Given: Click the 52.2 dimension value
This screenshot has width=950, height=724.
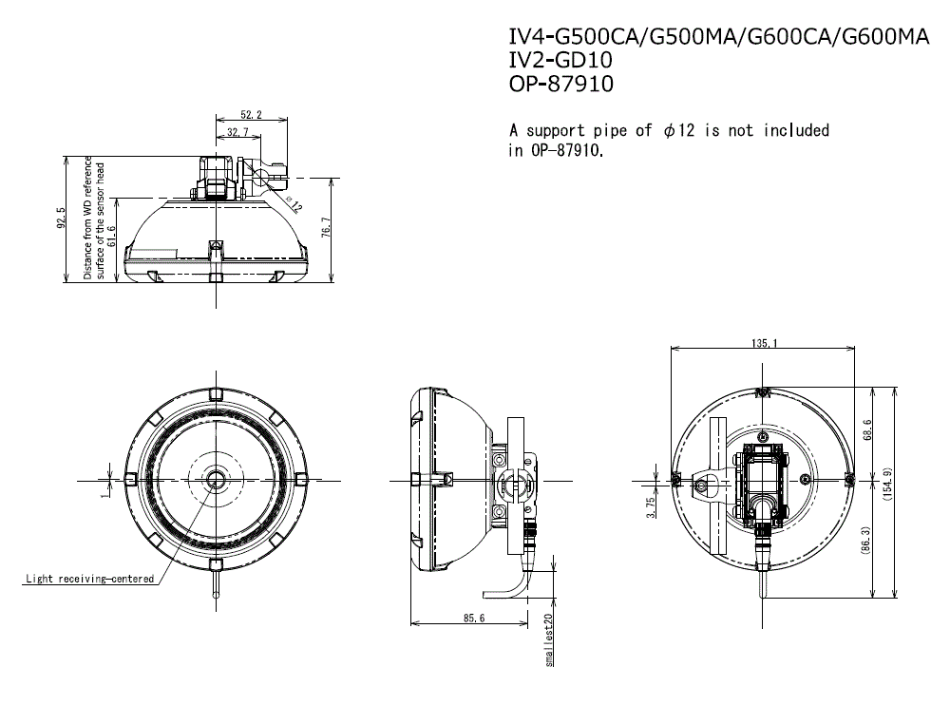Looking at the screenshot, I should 252,115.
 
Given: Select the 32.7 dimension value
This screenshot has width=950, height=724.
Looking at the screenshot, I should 237,132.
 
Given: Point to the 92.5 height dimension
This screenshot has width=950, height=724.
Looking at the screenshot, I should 61,219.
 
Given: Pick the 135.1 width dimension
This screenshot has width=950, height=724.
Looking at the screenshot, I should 764,344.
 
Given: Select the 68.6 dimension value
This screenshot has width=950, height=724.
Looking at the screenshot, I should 866,430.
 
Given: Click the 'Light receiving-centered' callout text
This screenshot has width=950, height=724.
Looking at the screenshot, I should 89,579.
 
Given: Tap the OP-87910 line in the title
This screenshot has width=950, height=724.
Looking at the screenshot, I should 561,84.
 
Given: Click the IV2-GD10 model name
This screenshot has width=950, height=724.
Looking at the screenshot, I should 560,60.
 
